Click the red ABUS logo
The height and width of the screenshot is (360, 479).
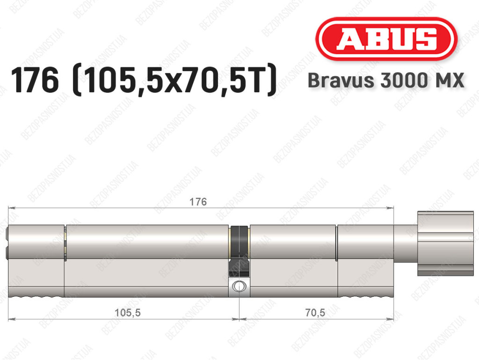click(386, 39)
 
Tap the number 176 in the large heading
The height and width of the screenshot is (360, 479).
click(35, 81)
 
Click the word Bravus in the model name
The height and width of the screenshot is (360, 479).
click(341, 81)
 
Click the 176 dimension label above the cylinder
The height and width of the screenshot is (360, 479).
click(198, 202)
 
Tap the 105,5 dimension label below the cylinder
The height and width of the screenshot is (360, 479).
click(127, 313)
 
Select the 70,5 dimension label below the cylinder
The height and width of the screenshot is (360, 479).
click(315, 313)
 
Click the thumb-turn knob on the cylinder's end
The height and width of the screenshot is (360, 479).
click(445, 243)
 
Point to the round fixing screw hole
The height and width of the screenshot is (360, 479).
click(239, 287)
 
